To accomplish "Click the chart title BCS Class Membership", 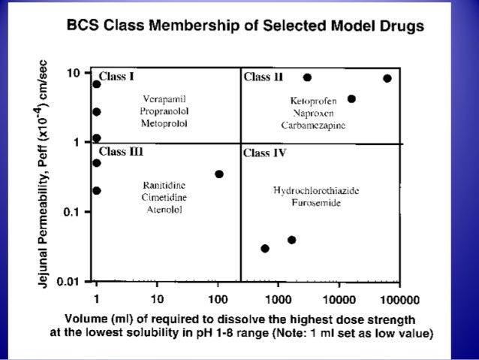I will (245, 26).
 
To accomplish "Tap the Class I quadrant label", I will (118, 77).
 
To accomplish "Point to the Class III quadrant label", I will (121, 151).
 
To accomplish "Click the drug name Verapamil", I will (163, 98).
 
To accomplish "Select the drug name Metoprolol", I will (163, 123).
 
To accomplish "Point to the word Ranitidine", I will (164, 185).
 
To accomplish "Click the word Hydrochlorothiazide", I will (316, 191).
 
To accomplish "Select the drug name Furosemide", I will (316, 203).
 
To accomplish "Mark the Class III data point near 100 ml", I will (219, 174).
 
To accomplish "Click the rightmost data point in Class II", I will (387, 78).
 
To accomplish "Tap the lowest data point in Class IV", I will (265, 248).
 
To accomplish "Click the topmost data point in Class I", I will (96, 84).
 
